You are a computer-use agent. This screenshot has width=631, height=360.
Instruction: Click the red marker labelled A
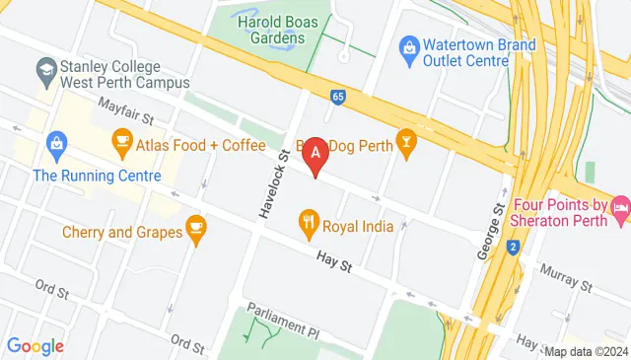click(x=315, y=155)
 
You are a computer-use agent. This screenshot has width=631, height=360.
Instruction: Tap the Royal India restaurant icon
click(x=309, y=226)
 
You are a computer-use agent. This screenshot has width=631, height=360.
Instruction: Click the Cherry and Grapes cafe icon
click(x=195, y=233)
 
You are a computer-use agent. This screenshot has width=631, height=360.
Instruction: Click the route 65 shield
click(x=339, y=97)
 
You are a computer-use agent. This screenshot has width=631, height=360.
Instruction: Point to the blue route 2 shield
click(x=513, y=248)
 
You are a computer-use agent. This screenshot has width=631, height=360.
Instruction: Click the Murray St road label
click(x=566, y=279)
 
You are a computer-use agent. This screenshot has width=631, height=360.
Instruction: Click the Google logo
click(x=35, y=346)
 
